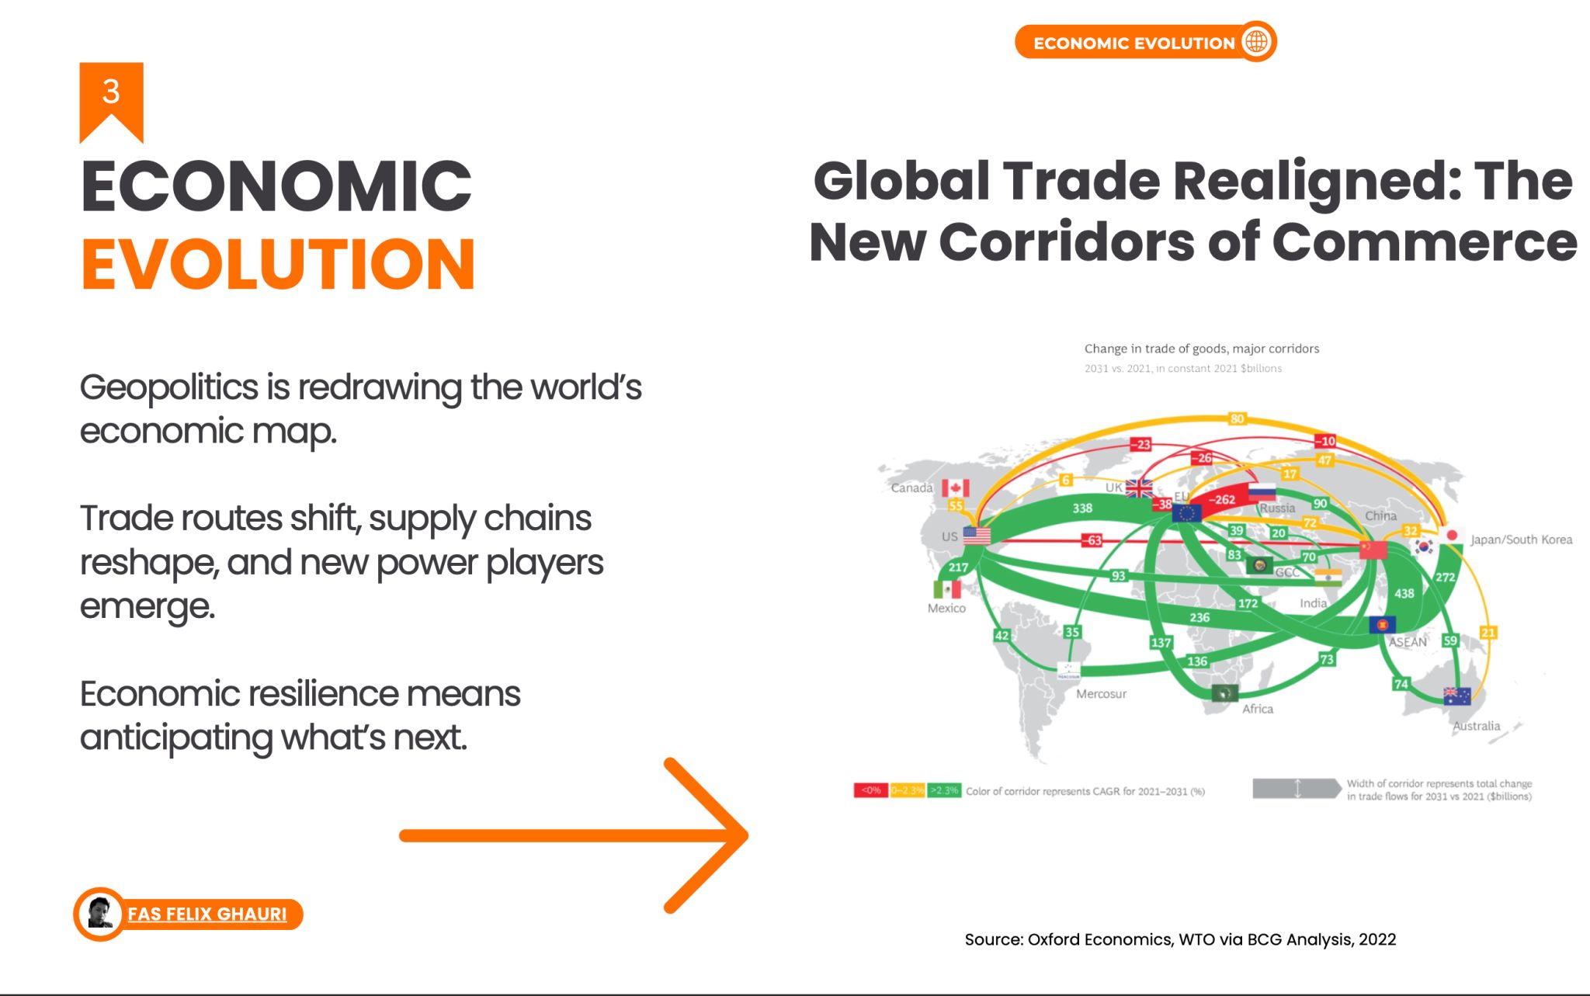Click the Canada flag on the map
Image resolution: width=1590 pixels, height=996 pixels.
pos(956,488)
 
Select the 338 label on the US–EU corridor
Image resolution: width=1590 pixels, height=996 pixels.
pos(1082,508)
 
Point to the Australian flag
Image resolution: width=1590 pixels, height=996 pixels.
pos(1456,696)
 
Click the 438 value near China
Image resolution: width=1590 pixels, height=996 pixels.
pos(1404,594)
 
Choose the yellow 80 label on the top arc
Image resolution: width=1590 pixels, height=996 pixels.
pos(1237,419)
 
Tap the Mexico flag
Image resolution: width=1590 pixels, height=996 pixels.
pos(946,589)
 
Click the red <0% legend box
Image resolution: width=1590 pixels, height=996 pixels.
pos(871,791)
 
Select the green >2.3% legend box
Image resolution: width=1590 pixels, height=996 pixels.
pos(944,791)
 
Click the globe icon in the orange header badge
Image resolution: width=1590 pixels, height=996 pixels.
pos(1256,42)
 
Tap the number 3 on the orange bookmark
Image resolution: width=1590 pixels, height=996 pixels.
pos(111,92)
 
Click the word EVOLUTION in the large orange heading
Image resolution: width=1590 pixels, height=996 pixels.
pos(278,265)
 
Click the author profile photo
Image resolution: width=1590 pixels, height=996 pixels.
pos(99,914)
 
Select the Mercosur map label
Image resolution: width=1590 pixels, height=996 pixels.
pos(1101,694)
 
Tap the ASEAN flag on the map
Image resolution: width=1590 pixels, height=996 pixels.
pos(1382,624)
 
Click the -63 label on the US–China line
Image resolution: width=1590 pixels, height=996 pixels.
pos(1092,540)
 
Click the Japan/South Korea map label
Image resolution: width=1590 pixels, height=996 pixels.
pos(1521,540)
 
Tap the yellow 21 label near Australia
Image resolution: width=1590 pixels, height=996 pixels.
pos(1488,633)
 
